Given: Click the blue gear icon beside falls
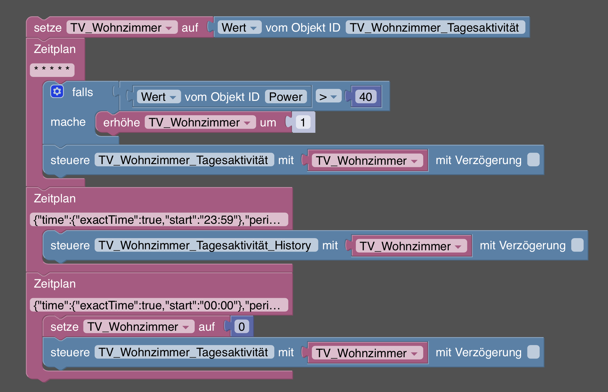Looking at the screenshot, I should (57, 92).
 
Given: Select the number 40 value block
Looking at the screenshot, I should (366, 97).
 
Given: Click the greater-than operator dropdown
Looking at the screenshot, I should (328, 97).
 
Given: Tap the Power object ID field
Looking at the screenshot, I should (285, 97).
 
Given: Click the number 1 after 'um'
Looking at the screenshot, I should (303, 122).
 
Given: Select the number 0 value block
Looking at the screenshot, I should (241, 327).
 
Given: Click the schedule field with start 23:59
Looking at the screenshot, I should (159, 220).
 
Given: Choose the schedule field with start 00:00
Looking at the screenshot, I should (159, 305).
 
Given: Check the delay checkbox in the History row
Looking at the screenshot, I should (577, 245).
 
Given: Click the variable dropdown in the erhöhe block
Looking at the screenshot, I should (200, 122).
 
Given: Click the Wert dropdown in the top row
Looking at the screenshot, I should (239, 27).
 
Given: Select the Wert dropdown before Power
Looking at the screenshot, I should (159, 97).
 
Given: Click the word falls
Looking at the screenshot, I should (82, 92).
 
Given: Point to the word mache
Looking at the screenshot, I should (68, 122).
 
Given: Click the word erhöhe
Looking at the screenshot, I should (121, 122).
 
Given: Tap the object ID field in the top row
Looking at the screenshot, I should (435, 27).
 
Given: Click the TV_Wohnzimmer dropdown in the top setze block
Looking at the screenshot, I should (122, 27).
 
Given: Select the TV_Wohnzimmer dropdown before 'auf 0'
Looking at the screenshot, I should (139, 327).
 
